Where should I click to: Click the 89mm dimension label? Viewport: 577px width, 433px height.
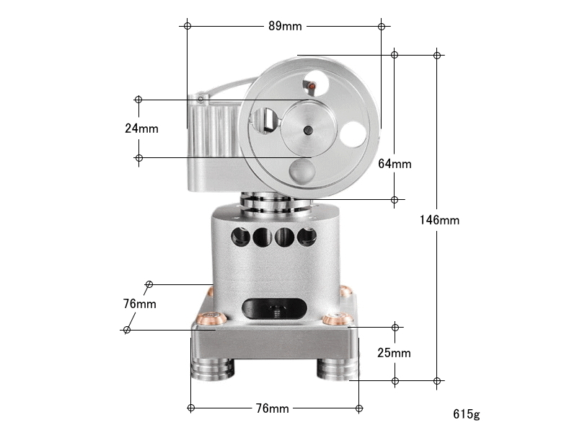285,26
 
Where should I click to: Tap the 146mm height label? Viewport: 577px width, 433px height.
439,220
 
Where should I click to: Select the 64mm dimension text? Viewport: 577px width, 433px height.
395,164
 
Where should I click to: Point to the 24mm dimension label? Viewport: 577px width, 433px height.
141,128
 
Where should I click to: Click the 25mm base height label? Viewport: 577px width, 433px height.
394,353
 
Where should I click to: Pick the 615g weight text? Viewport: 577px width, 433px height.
467,414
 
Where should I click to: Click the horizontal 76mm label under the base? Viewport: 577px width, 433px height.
273,408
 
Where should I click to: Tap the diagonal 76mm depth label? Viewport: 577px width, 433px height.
139,304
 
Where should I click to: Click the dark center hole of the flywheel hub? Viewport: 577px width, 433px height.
308,130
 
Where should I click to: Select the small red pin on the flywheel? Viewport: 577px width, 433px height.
312,86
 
